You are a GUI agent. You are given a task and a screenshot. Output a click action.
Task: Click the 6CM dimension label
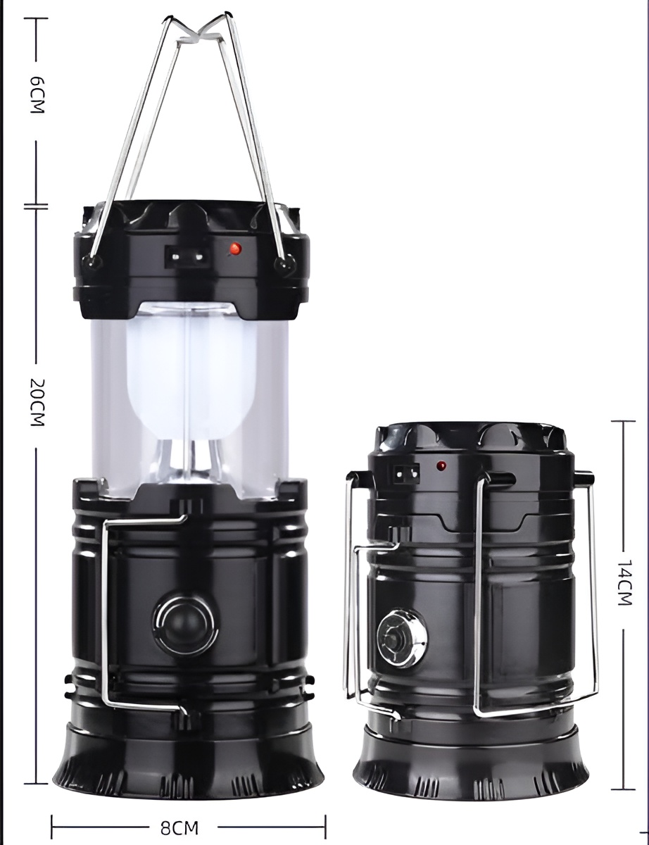37,95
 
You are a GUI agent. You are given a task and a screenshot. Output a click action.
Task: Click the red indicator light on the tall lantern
235,248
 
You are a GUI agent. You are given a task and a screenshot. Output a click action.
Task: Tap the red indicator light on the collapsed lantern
441,465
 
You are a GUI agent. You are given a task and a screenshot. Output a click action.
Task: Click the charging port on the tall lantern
188,256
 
